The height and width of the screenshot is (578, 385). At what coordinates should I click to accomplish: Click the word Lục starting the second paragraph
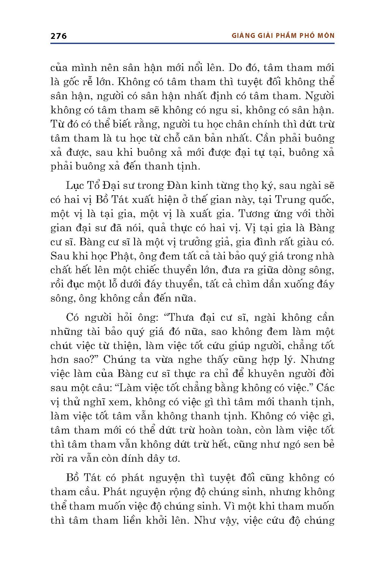pos(74,186)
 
